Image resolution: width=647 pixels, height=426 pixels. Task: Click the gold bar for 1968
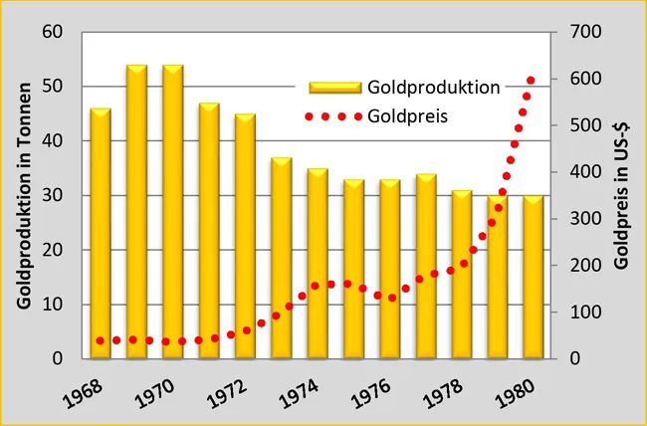[101, 234]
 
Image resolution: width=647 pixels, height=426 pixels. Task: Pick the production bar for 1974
[318, 264]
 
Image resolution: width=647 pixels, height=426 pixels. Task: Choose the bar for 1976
[390, 270]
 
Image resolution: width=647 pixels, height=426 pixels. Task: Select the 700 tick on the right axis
[584, 32]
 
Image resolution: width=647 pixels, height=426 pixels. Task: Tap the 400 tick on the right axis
[584, 172]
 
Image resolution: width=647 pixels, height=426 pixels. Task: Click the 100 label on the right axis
[584, 313]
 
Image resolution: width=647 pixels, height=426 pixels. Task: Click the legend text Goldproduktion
[433, 88]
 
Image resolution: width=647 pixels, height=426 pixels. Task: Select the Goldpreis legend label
[407, 116]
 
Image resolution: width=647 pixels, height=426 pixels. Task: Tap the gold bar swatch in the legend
[334, 88]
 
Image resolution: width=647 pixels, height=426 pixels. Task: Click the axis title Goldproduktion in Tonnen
[25, 194]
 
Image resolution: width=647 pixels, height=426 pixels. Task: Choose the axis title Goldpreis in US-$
[622, 194]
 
